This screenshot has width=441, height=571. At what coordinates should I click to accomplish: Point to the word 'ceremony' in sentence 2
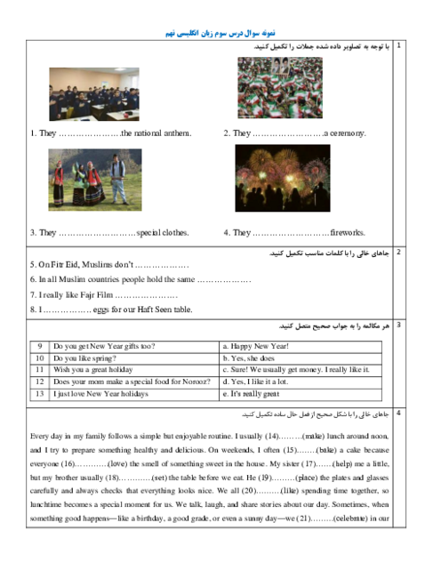click(347, 133)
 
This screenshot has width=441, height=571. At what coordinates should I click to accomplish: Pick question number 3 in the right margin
click(398, 326)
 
